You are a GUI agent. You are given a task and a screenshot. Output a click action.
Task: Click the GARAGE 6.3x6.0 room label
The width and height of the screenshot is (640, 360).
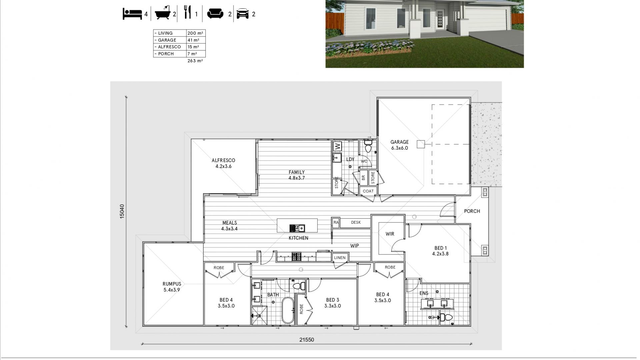[x=399, y=145]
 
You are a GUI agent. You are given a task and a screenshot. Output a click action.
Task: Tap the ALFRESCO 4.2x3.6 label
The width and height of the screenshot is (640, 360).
[x=223, y=163]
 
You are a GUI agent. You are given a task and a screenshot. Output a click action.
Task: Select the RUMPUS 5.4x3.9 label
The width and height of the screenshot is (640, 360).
[x=172, y=287]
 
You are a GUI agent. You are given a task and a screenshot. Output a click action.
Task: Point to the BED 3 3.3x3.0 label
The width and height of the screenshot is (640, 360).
[x=332, y=303]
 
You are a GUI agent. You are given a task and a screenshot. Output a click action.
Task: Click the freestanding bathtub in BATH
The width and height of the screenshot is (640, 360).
[x=287, y=310]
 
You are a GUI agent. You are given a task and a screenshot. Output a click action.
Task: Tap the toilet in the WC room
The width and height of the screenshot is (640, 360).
[x=368, y=146]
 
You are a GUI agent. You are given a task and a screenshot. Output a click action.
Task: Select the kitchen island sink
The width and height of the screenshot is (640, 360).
[x=297, y=228]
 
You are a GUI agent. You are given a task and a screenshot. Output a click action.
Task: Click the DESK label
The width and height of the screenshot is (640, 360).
[x=356, y=222]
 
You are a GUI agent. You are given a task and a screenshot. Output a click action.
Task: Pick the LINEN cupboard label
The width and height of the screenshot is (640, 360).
[x=340, y=258]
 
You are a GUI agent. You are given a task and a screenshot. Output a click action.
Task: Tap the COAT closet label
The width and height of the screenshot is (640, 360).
[x=368, y=191]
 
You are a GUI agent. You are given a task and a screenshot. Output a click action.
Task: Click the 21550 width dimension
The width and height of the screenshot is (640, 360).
[x=306, y=340]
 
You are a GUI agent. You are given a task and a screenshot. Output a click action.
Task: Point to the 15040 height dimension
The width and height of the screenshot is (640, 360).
[x=122, y=211]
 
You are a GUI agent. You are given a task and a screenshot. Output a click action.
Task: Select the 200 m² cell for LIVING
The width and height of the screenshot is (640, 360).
[x=195, y=33]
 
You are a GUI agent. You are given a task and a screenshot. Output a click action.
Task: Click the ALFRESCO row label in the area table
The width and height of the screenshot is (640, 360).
[x=169, y=47]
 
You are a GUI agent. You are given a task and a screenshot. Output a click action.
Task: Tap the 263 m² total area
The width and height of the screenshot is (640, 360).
[x=195, y=61]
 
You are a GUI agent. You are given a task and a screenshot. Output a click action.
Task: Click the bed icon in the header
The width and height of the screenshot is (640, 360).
[x=132, y=14]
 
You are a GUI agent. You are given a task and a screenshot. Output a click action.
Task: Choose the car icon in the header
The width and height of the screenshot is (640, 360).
[x=242, y=14]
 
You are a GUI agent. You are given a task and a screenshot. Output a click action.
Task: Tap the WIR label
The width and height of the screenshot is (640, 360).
[x=390, y=234]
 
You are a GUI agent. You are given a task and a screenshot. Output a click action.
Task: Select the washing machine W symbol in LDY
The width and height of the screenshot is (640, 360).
[x=337, y=146]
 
